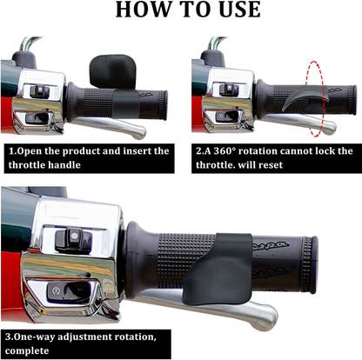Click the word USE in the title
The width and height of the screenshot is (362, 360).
240,10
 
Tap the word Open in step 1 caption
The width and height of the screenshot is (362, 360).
30,151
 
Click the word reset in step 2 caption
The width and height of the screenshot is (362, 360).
271,165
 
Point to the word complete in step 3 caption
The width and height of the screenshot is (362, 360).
27,350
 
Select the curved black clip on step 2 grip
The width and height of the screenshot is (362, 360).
305,97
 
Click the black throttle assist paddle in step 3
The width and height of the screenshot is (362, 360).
220,270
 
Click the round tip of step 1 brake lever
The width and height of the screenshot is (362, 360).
138,132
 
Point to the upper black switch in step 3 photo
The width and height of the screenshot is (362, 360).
73,240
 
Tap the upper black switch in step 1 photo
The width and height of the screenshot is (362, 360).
39,90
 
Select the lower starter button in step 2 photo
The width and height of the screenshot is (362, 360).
227,117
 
